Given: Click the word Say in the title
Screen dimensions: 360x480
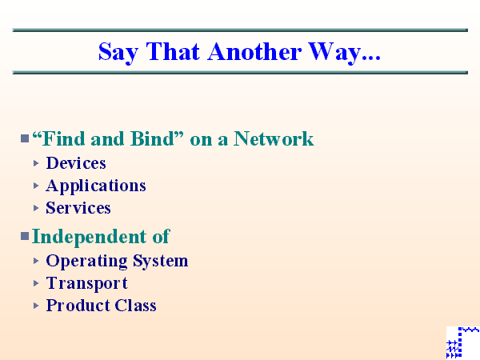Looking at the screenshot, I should pyautogui.click(x=115, y=52).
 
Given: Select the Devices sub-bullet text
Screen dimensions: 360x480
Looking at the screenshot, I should pyautogui.click(x=76, y=163).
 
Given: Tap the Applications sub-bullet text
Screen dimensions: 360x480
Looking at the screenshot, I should pyautogui.click(x=96, y=186).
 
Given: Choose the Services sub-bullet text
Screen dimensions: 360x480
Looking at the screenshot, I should pyautogui.click(x=78, y=208).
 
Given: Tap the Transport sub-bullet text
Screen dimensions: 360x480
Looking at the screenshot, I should pyautogui.click(x=86, y=283).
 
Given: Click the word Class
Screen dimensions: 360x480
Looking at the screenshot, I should pyautogui.click(x=135, y=306).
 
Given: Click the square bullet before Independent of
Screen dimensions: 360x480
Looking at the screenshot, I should pyautogui.click(x=25, y=237).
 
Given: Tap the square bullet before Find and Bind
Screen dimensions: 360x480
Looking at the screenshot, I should pyautogui.click(x=25, y=139).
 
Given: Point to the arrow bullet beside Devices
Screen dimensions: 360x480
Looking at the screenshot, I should pyautogui.click(x=37, y=163).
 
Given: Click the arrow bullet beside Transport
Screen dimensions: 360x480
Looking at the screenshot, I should pyautogui.click(x=37, y=283).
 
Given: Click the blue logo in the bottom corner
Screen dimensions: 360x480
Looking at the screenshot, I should pyautogui.click(x=462, y=342).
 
